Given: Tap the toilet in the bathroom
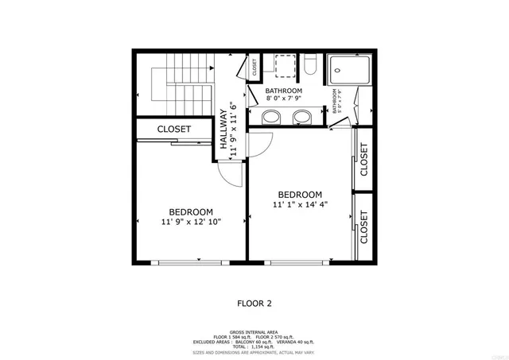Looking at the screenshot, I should coord(312,65).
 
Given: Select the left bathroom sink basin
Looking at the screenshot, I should coord(271,118).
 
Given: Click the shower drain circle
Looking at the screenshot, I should coord(337,71).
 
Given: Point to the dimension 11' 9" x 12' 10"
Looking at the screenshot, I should coord(191,222).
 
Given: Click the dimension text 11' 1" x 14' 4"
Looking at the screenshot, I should coord(300,205).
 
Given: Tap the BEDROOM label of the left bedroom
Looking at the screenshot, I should coord(191,211).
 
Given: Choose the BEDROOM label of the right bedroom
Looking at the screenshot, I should coord(300,195).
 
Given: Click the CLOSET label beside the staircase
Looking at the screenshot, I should coord(173,129).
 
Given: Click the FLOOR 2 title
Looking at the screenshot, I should coord(255,303).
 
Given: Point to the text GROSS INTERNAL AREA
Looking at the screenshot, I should coord(254,332).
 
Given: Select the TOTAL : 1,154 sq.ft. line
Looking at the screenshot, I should coord(254,346).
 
